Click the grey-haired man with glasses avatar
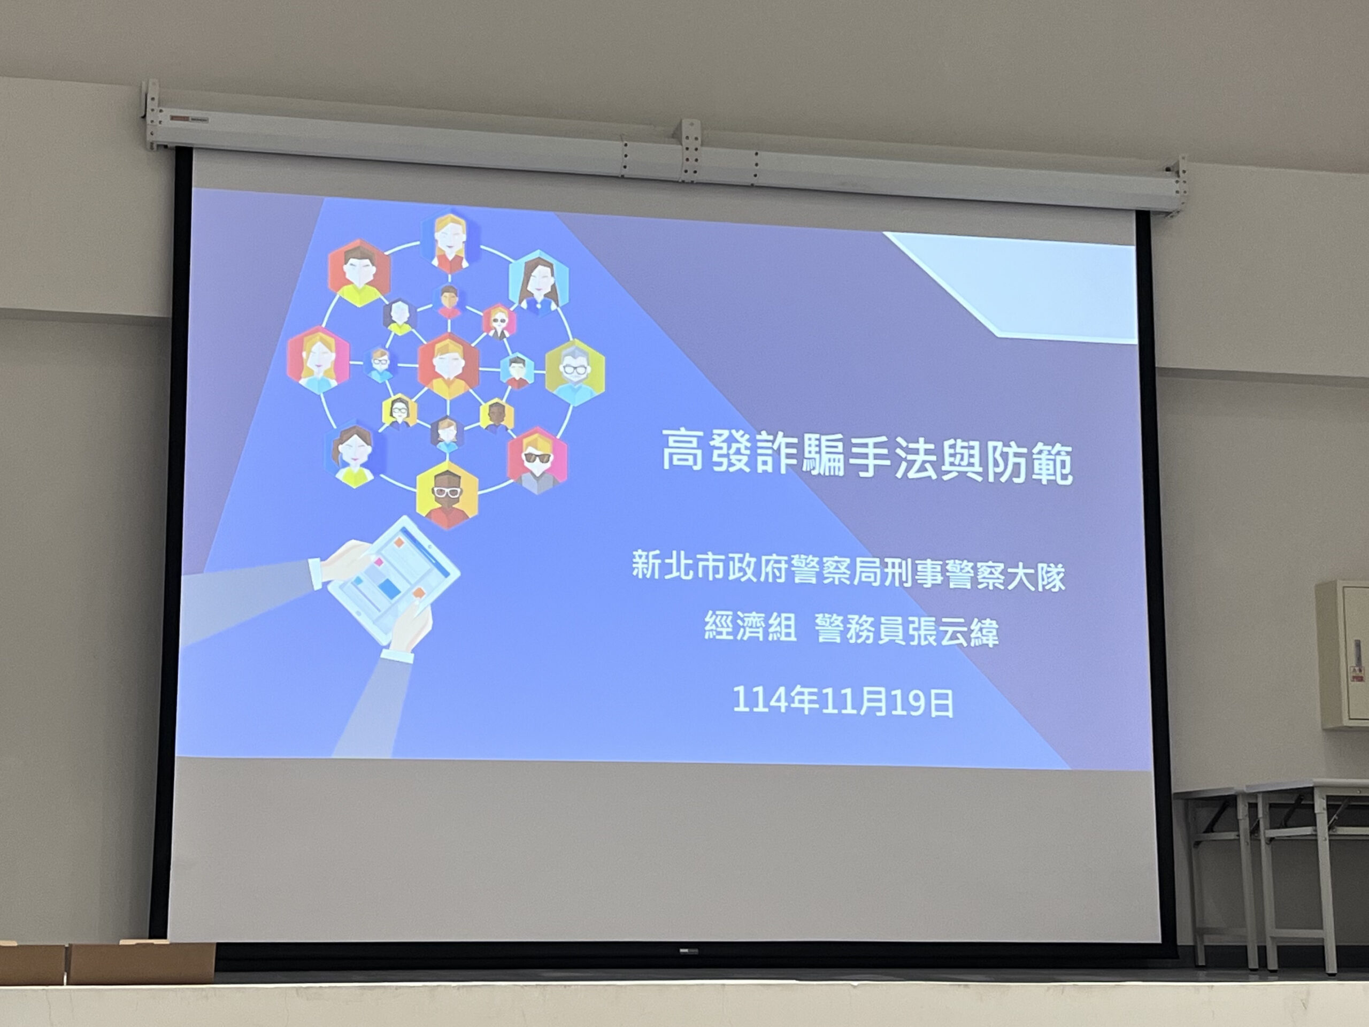(x=574, y=372)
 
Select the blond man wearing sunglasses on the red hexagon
(x=536, y=460)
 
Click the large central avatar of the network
(x=448, y=366)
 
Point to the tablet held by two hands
(x=394, y=580)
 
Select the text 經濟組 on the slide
(x=750, y=626)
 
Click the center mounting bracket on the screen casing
(x=691, y=150)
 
